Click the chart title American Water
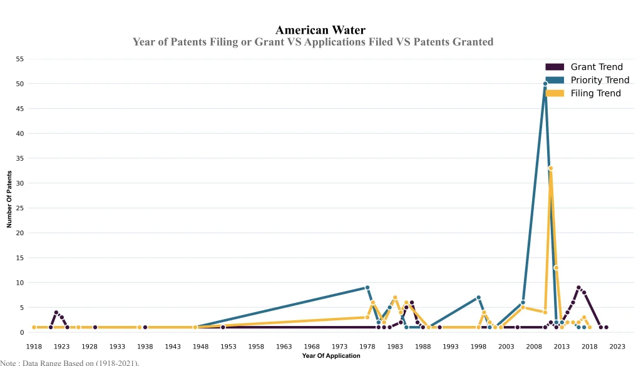[x=320, y=30]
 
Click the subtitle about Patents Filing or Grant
[x=313, y=42]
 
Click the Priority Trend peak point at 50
[x=545, y=84]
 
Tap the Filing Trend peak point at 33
[x=550, y=168]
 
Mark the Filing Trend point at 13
[x=556, y=268]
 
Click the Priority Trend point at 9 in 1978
[x=367, y=288]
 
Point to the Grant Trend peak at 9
[x=578, y=288]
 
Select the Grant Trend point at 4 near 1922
[x=56, y=312]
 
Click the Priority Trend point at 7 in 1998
[x=478, y=298]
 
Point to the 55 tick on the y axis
[x=20, y=59]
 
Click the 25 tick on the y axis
[x=20, y=208]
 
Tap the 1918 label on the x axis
[x=34, y=347]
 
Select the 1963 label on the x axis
[x=284, y=347]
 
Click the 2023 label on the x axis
[x=617, y=347]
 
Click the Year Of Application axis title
[x=331, y=356]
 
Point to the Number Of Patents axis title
[x=9, y=198]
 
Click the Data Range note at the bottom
[x=69, y=362]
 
